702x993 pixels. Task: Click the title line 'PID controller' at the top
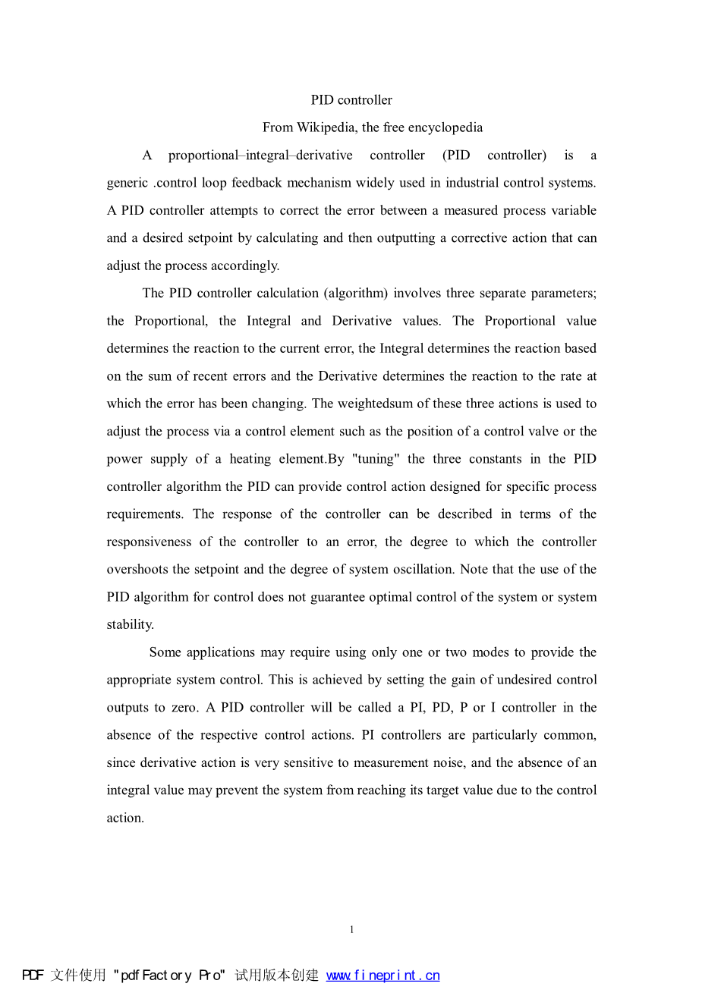click(351, 100)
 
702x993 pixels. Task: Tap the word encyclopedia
click(445, 127)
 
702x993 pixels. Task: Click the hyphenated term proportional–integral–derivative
click(260, 156)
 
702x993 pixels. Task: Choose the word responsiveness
click(149, 542)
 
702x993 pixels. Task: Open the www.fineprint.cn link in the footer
click(382, 976)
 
